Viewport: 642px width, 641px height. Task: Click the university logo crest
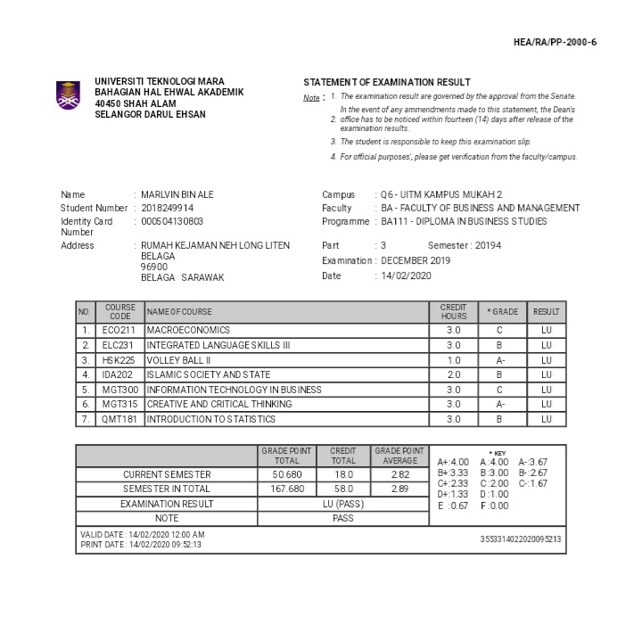tap(68, 95)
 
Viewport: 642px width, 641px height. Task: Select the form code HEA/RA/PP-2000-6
tap(555, 43)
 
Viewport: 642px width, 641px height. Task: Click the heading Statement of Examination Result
tap(386, 82)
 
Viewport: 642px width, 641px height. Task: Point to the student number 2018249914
tap(168, 208)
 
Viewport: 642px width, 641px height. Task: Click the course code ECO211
tap(119, 330)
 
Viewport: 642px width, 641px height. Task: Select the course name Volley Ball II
tap(178, 359)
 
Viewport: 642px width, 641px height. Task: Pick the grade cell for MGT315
tap(501, 404)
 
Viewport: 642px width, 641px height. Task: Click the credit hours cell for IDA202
tap(453, 374)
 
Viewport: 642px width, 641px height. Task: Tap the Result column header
tap(546, 312)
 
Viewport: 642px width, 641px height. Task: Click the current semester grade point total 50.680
tap(286, 475)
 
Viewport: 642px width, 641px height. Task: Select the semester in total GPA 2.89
tap(399, 489)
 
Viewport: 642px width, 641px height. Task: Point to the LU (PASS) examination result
tap(342, 504)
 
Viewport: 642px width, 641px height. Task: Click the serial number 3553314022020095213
tap(521, 539)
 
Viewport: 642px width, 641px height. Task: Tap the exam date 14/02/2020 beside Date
tap(406, 276)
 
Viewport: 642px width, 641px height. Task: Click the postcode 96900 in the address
tap(154, 267)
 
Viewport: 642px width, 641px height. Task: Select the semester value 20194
tap(489, 245)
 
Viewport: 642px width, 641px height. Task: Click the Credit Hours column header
tap(453, 312)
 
